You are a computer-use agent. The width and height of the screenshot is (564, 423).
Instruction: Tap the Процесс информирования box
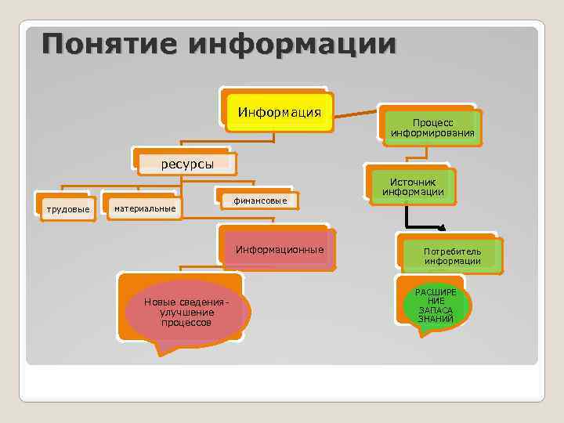(432, 128)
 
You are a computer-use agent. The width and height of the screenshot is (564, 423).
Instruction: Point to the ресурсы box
(187, 163)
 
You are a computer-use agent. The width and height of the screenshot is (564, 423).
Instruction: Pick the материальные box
(145, 208)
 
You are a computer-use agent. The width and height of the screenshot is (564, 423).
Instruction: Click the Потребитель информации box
(452, 256)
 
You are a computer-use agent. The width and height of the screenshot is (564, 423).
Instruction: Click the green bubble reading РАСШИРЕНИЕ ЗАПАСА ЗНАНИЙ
(435, 305)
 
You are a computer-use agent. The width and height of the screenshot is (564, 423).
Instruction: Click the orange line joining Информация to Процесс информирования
(356, 113)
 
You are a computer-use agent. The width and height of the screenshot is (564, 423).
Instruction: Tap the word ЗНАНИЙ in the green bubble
(435, 318)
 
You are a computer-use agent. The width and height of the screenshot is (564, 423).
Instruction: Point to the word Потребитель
(452, 251)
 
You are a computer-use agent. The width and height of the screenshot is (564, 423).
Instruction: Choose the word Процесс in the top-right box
(432, 123)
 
